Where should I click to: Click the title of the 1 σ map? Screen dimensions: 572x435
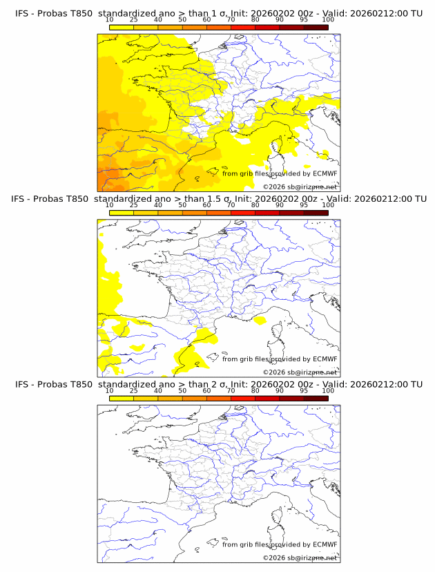pyautogui.click(x=218, y=13)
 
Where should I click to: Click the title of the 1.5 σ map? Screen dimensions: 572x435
pyautogui.click(x=218, y=199)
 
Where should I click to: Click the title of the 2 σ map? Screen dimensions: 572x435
pyautogui.click(x=218, y=384)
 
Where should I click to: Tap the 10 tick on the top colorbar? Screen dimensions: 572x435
pyautogui.click(x=110, y=19)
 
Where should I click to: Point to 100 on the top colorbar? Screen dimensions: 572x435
pyautogui.click(x=328, y=19)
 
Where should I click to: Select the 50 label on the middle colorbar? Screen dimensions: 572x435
pyautogui.click(x=182, y=205)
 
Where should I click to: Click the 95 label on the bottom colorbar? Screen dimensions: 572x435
pyautogui.click(x=304, y=390)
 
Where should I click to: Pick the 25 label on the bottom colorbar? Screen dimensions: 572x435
pyautogui.click(x=134, y=390)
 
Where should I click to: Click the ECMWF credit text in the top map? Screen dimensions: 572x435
pyautogui.click(x=280, y=173)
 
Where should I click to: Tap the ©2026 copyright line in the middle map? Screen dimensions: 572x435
pyautogui.click(x=300, y=372)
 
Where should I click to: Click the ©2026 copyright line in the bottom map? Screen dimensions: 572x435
pyautogui.click(x=300, y=557)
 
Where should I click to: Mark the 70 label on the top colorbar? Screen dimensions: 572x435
pyautogui.click(x=231, y=19)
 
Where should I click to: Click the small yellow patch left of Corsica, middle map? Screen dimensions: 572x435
pyautogui.click(x=260, y=321)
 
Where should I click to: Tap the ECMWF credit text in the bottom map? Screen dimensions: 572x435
pyautogui.click(x=280, y=544)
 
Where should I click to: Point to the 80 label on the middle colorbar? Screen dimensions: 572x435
pyautogui.click(x=255, y=205)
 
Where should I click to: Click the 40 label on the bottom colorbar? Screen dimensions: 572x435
pyautogui.click(x=158, y=390)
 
